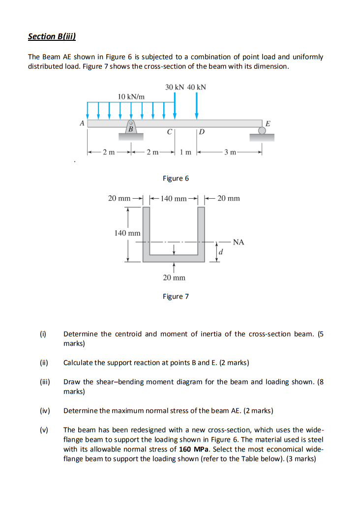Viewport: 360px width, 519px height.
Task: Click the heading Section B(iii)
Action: [52, 36]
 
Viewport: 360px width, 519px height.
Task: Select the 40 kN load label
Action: [197, 87]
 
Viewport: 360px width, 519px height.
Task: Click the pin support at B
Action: [131, 126]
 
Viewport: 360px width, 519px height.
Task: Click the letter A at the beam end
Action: [82, 122]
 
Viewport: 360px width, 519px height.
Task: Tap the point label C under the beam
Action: [170, 132]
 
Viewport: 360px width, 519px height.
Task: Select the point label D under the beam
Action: [202, 132]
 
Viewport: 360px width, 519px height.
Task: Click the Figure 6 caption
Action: [176, 178]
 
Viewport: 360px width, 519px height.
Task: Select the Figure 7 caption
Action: [176, 296]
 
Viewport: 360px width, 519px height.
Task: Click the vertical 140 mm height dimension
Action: [127, 233]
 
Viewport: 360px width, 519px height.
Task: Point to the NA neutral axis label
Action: [239, 242]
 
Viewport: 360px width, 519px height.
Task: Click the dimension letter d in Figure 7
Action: [221, 252]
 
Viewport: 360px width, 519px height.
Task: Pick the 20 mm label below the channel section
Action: [174, 278]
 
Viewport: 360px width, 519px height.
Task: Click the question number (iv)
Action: [43, 410]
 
